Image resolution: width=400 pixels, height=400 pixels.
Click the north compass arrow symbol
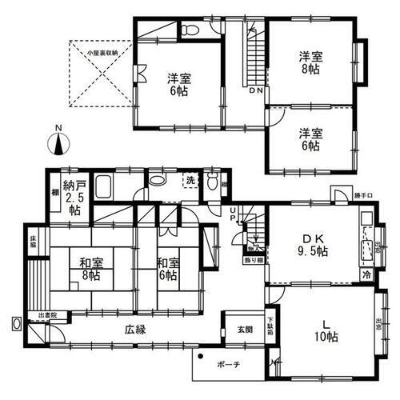coord(58,145)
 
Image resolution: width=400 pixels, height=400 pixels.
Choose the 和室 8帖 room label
coord(90,268)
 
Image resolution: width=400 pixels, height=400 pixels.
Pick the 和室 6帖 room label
coord(166,268)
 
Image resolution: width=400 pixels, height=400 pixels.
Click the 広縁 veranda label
coord(135,329)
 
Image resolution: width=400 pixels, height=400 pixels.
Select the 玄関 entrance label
coord(244,328)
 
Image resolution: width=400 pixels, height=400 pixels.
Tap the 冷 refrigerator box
coord(365,274)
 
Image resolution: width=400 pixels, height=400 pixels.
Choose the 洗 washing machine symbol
coord(190,180)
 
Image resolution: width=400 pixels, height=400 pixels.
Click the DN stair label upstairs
coord(256,93)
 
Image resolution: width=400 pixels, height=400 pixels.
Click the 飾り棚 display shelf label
coord(250,260)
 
